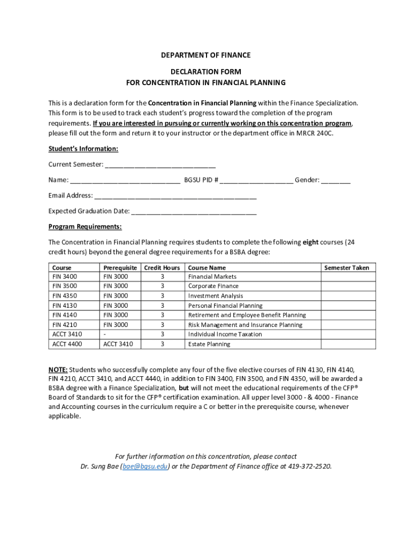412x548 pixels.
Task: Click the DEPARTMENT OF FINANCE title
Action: tap(206, 55)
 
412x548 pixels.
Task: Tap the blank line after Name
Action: tap(125, 181)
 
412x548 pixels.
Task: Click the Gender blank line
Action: tap(336, 181)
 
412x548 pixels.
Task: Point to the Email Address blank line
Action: tap(176, 196)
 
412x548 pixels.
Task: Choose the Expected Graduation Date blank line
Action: tap(194, 212)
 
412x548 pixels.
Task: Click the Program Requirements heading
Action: tap(85, 226)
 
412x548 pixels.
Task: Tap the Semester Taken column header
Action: tap(347, 268)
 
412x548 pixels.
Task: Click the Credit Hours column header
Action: tap(162, 268)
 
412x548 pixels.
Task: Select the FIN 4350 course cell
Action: tap(65, 296)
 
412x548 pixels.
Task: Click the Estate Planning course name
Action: tap(209, 344)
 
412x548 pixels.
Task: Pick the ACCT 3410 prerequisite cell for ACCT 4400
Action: tap(118, 344)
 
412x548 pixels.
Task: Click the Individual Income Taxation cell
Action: tap(225, 334)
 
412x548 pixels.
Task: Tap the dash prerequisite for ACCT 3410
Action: tap(105, 334)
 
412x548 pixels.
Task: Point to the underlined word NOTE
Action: tap(58, 370)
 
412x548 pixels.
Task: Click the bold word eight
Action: tap(311, 242)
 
